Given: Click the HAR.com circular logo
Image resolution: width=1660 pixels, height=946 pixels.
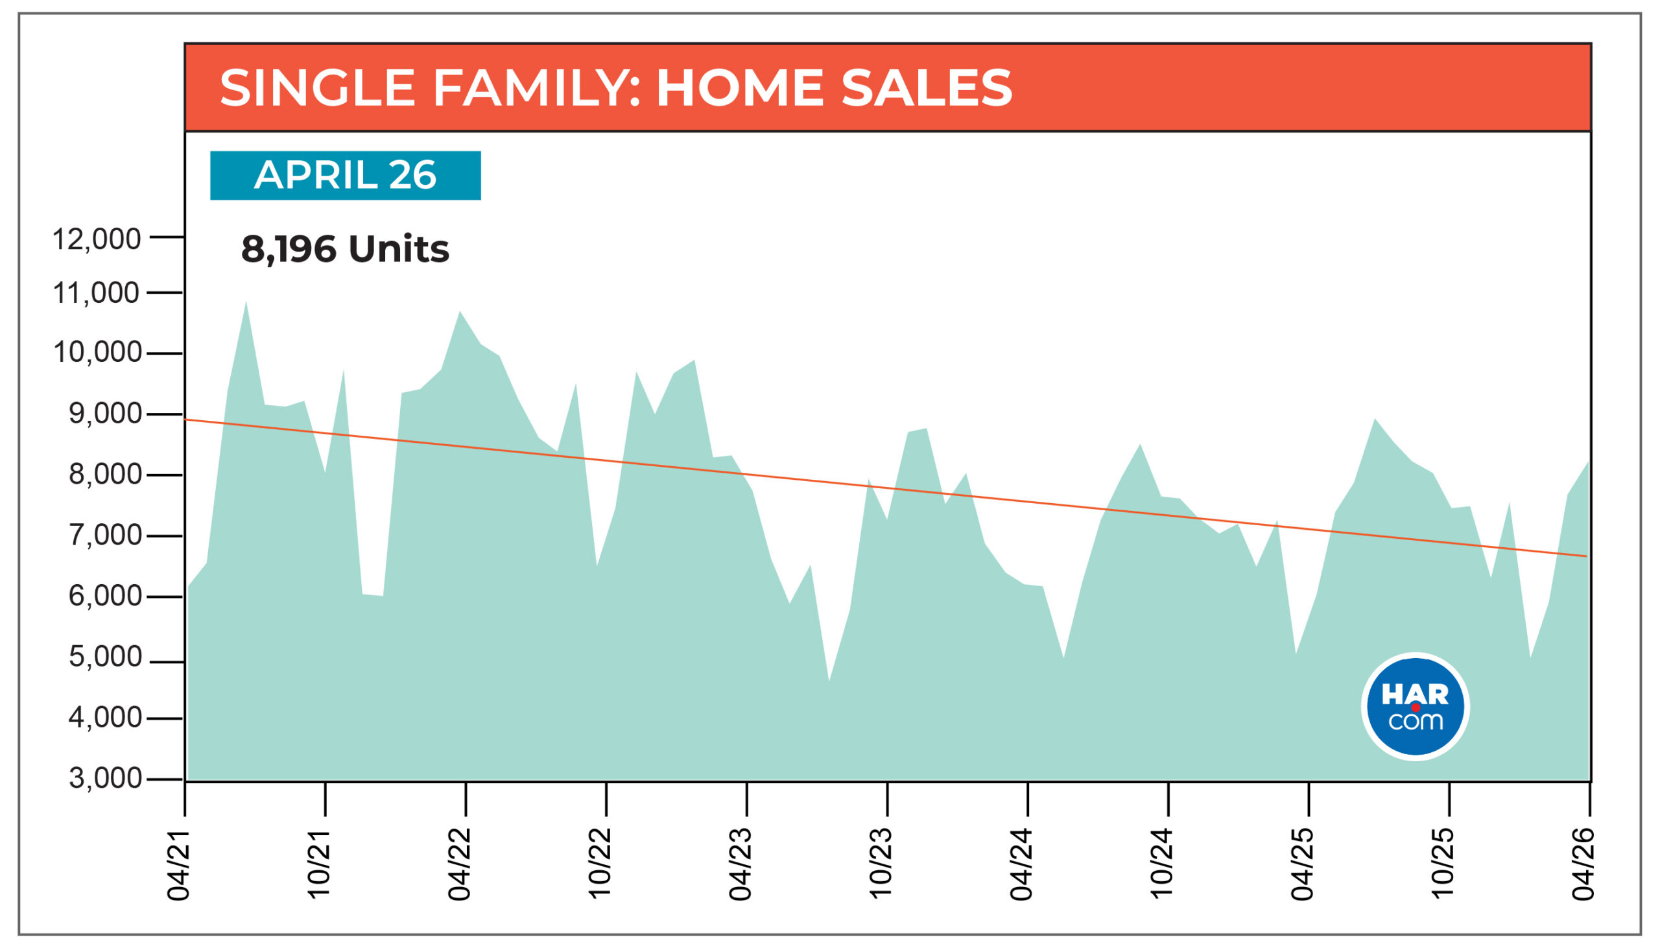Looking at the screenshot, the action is tap(1415, 706).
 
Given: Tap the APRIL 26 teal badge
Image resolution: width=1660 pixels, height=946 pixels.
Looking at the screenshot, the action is tap(345, 176).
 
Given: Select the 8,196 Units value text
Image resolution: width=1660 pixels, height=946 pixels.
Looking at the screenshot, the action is tap(345, 250).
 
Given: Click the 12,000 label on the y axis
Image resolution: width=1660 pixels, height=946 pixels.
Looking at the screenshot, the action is tap(96, 239).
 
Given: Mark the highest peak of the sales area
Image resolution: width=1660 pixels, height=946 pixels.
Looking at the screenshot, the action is tap(246, 302).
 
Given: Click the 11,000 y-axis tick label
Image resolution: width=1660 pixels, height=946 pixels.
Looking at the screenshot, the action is tap(96, 294).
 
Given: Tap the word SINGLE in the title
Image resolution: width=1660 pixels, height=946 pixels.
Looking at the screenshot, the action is tap(318, 88).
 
